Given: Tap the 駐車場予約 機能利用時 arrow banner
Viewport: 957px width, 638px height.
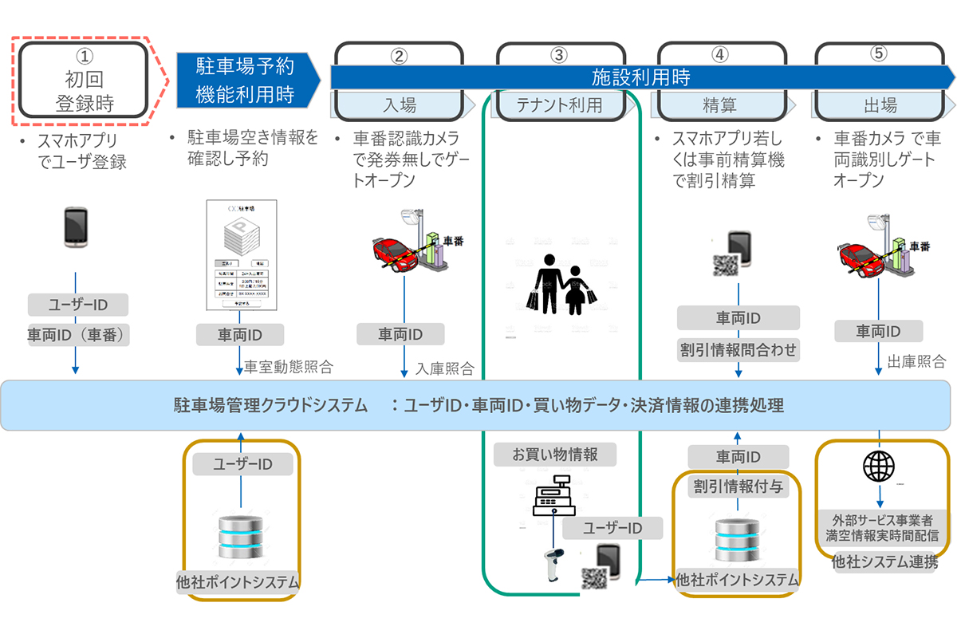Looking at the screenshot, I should pyautogui.click(x=246, y=80).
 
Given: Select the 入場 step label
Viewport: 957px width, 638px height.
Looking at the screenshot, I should pyautogui.click(x=399, y=104).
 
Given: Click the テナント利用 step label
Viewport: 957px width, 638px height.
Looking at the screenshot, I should pyautogui.click(x=559, y=104).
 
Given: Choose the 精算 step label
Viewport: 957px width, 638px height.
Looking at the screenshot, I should pyautogui.click(x=719, y=104).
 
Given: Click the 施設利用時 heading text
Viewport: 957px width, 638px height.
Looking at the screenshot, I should pyautogui.click(x=640, y=77).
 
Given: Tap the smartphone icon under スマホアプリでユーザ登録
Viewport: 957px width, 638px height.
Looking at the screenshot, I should pyautogui.click(x=76, y=227).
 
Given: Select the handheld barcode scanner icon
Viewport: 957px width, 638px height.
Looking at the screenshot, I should pyautogui.click(x=551, y=563).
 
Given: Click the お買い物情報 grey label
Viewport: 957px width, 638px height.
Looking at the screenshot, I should pyautogui.click(x=555, y=455).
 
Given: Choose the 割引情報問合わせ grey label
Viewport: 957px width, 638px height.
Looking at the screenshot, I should pyautogui.click(x=738, y=349).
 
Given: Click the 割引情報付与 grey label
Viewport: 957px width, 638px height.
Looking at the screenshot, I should pyautogui.click(x=738, y=486).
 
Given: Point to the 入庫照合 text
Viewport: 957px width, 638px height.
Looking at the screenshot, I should pyautogui.click(x=444, y=368).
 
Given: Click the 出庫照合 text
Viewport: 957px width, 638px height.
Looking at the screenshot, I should pyautogui.click(x=916, y=360).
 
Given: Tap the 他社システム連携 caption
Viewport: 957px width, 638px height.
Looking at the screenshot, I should pyautogui.click(x=883, y=562).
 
